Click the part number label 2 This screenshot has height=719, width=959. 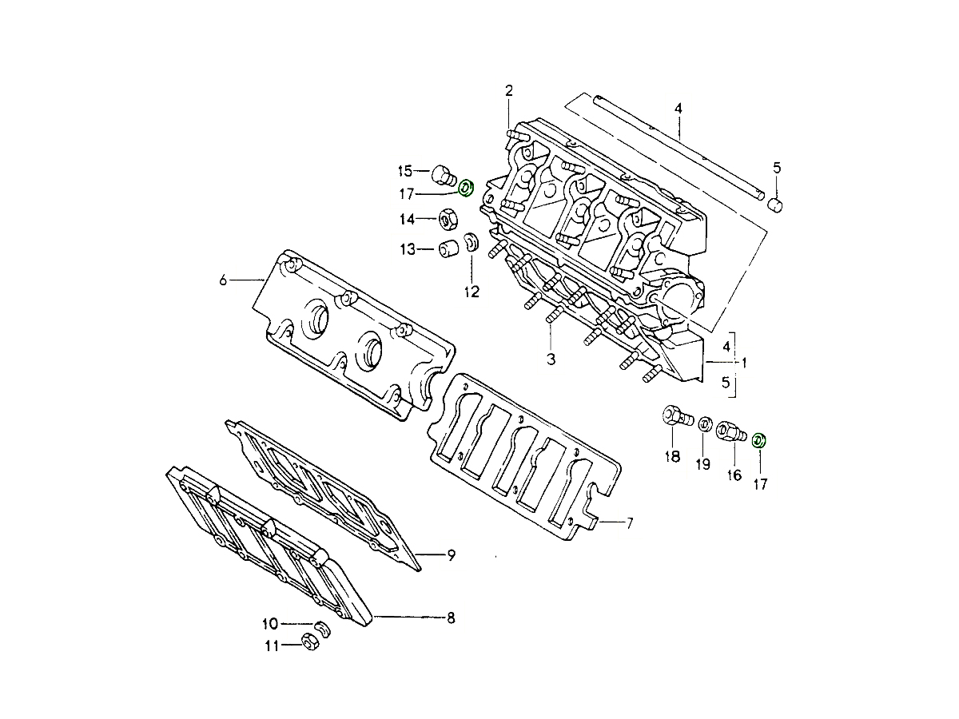(508, 90)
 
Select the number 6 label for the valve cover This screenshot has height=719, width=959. (223, 280)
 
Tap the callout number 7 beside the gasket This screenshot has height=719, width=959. (629, 524)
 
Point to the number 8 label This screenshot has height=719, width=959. (451, 618)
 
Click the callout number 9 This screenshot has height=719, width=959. (451, 555)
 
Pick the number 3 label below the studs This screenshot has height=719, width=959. (551, 359)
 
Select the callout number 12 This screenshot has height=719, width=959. (472, 292)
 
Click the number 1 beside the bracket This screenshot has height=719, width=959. (744, 363)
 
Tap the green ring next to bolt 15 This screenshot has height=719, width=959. (466, 189)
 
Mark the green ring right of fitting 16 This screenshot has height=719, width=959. (759, 439)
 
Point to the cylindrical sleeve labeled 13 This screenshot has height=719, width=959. (448, 248)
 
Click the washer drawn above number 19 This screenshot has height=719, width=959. (705, 423)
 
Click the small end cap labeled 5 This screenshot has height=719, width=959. (774, 205)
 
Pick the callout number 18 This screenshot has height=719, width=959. (671, 457)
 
